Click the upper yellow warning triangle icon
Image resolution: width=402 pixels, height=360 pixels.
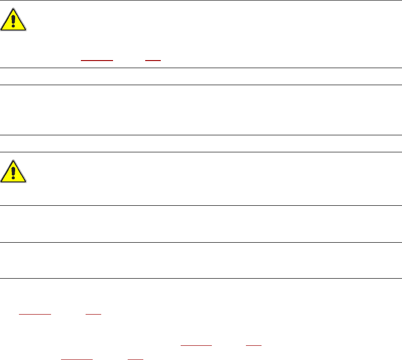click(x=14, y=20)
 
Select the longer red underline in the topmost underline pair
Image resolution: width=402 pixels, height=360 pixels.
click(x=97, y=61)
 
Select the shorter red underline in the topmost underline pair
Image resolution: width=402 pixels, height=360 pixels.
click(x=153, y=61)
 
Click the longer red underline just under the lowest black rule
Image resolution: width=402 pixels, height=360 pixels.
click(x=35, y=314)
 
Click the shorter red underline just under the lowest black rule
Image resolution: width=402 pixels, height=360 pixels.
click(x=93, y=314)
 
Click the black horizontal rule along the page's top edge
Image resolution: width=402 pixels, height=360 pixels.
click(x=201, y=0)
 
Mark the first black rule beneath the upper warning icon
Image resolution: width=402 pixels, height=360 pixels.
click(x=201, y=68)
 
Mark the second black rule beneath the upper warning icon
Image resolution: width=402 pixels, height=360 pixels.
click(x=201, y=85)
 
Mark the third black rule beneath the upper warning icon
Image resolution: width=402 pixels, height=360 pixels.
click(x=201, y=135)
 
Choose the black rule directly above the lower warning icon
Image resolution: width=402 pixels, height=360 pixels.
click(x=201, y=152)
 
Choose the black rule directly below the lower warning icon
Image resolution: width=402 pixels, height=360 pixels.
click(x=201, y=205)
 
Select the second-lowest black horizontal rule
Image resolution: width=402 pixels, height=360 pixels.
click(x=201, y=242)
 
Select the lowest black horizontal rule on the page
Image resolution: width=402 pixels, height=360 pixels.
click(x=201, y=278)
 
